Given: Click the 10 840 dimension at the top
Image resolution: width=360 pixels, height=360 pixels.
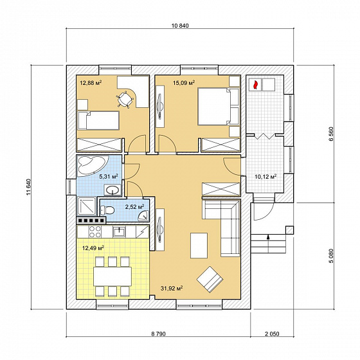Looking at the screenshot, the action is coord(180,26).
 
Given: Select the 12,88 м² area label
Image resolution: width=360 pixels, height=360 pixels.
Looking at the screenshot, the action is coord(91,82).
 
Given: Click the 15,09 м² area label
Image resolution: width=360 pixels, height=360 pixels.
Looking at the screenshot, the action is coord(184,82).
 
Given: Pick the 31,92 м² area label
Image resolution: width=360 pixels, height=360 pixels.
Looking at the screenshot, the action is coord(172,288).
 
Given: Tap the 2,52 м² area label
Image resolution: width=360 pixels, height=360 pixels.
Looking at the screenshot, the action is coord(135,206).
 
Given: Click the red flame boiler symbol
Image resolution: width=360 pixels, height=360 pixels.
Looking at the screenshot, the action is coord(255,84).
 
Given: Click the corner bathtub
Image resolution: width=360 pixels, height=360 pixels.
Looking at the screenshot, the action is coord(91,165).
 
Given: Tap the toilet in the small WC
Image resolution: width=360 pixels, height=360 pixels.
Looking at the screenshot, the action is coord(108,210).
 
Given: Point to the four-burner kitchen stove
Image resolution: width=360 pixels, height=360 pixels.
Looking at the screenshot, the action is coord(95,231).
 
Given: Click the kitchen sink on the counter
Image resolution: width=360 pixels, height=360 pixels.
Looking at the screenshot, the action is coord(119,232).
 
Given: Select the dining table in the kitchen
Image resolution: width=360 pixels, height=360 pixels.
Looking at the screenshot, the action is coord(113,276).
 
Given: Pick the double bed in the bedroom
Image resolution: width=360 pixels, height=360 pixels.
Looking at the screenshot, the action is coord(219,107).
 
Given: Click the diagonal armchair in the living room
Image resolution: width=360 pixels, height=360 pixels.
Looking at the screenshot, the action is coord(210,279).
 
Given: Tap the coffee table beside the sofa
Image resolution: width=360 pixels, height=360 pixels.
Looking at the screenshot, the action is coord(199,246).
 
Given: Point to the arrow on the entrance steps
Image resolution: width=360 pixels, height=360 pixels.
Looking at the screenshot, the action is coord(268,244).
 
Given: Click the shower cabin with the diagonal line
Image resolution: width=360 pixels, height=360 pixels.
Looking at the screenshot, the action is coord(87,206).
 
